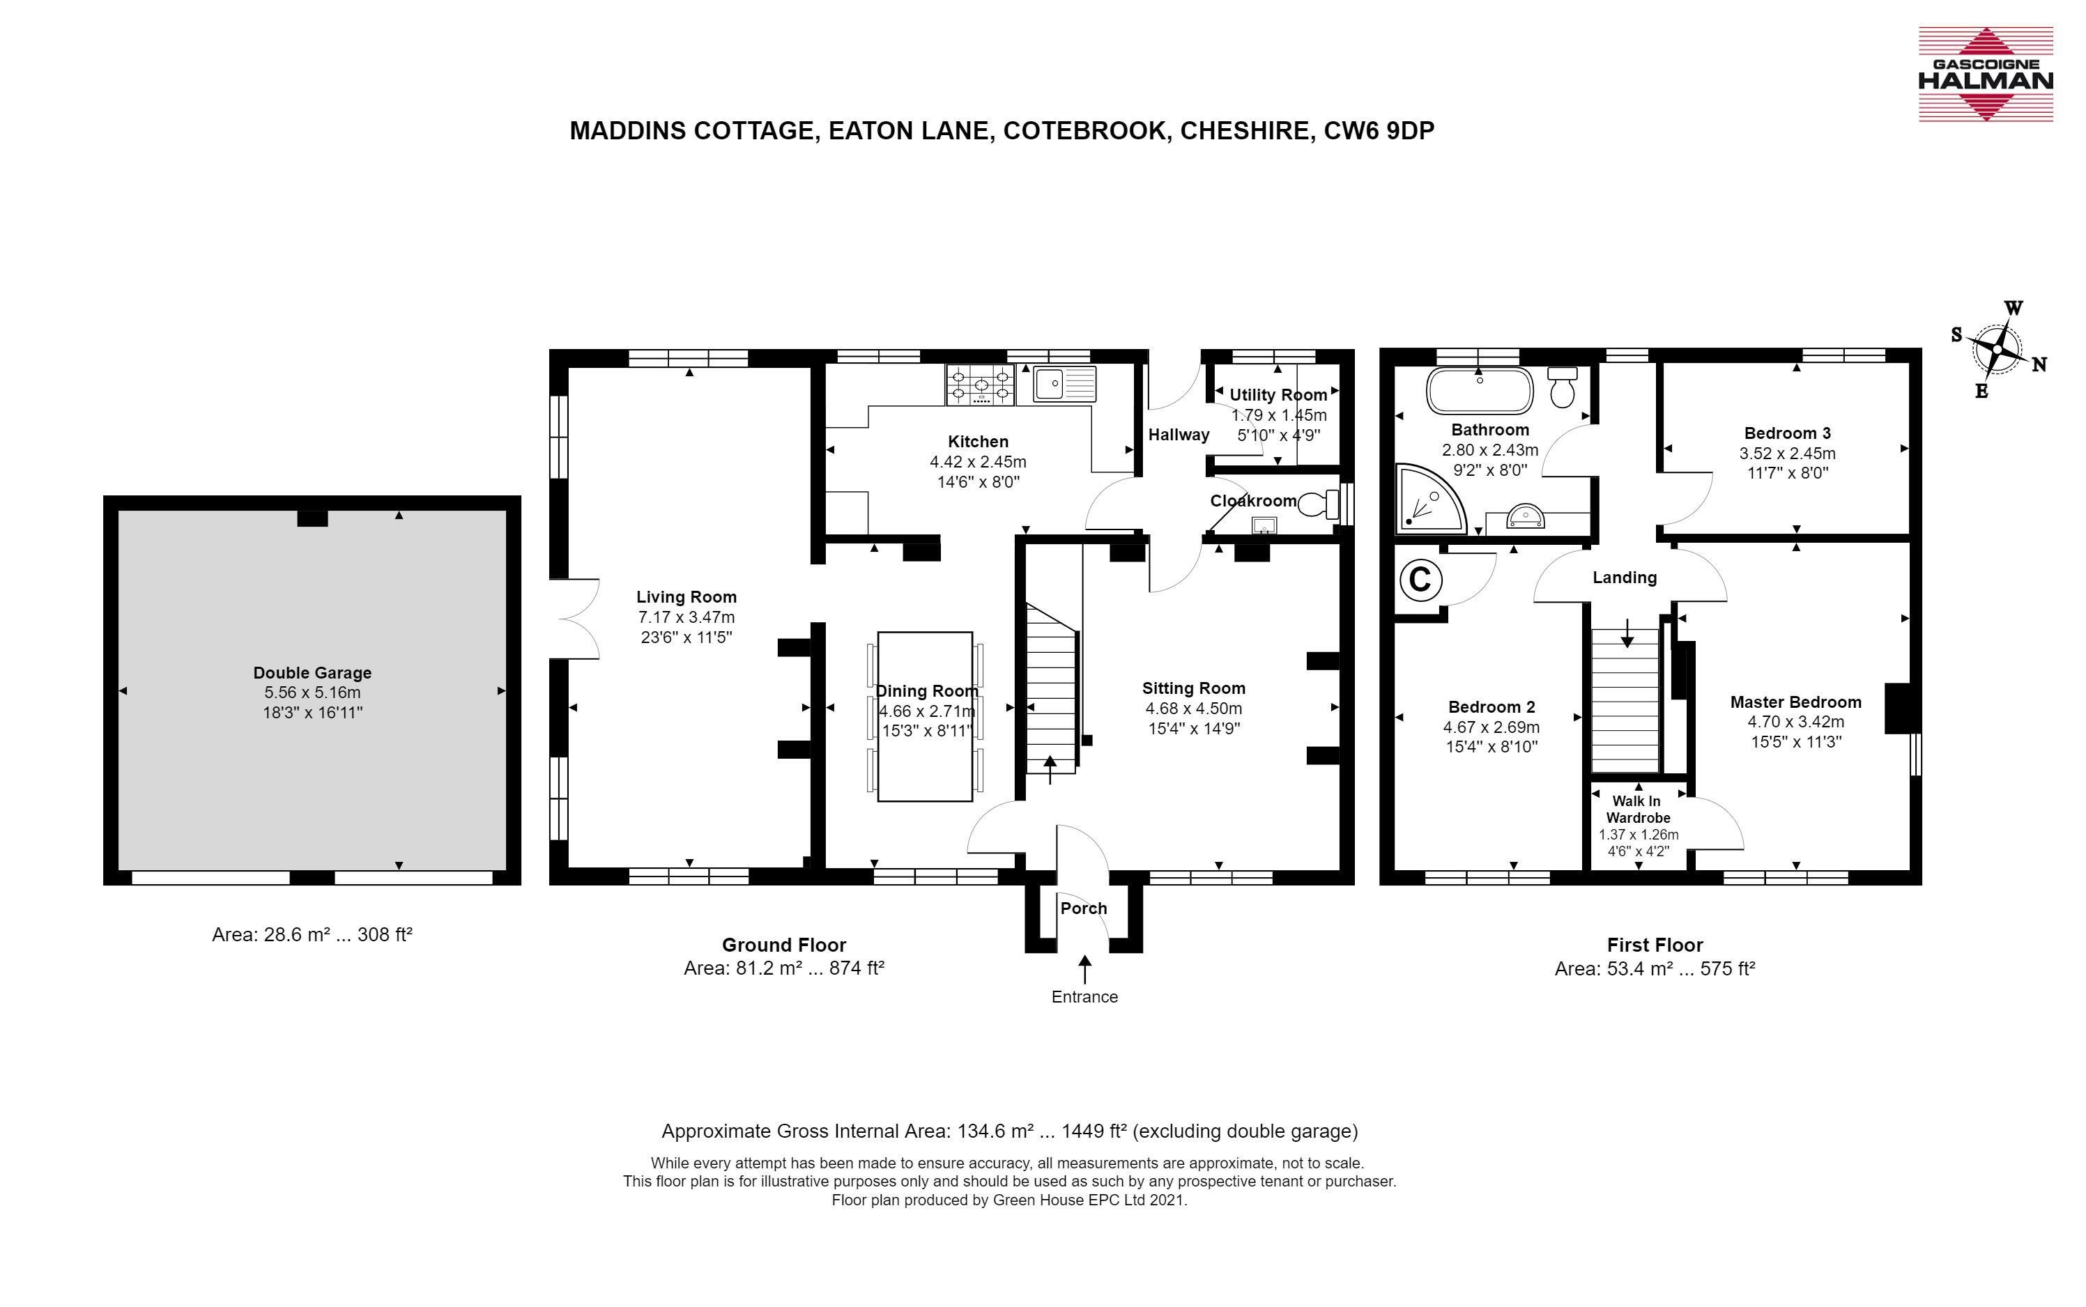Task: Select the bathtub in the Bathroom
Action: click(1479, 392)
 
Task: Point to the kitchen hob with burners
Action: click(981, 385)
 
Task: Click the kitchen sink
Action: click(1057, 384)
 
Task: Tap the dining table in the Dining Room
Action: click(925, 717)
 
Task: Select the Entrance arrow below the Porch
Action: click(1084, 968)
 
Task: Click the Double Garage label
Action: click(312, 672)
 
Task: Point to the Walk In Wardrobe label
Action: click(1638, 809)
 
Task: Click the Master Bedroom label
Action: click(1795, 702)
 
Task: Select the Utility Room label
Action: click(1278, 395)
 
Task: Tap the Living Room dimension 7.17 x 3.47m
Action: click(687, 617)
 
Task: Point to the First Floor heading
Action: click(1655, 945)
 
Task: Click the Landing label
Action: click(1625, 578)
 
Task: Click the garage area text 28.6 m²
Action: click(294, 934)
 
